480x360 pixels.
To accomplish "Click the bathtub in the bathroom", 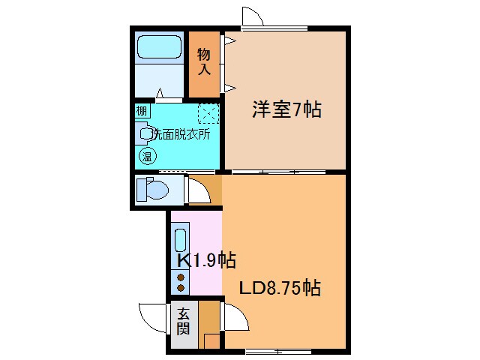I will (159, 49).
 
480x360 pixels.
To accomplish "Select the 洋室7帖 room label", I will (286, 110).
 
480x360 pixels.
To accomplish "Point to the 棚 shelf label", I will (142, 110).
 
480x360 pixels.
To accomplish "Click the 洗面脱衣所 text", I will (180, 133).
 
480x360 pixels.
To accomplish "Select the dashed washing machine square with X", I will (208, 114).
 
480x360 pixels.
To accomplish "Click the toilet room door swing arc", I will (196, 190).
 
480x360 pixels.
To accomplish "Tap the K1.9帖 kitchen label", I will (205, 260).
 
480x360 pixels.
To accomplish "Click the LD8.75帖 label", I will (280, 287).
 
